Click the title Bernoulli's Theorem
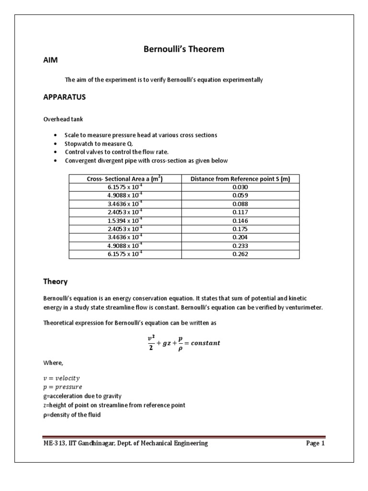(x=184, y=49)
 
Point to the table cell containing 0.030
(x=240, y=187)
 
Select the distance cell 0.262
(x=240, y=254)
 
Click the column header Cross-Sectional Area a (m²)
(x=125, y=179)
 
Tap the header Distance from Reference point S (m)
(x=240, y=179)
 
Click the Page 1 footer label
(x=315, y=444)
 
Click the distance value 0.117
(x=240, y=211)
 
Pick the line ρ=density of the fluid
(x=72, y=414)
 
